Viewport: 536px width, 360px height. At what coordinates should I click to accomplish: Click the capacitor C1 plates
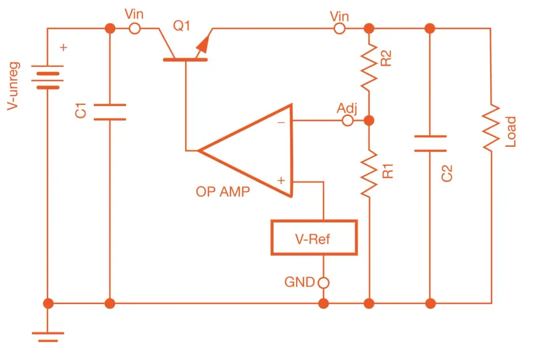[109, 112]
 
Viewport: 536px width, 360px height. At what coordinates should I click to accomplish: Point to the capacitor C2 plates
[430, 143]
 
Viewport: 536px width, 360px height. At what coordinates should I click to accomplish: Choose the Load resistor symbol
[491, 127]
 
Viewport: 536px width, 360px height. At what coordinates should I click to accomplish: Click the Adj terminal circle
[348, 120]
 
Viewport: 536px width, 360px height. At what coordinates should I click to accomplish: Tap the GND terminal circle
[324, 283]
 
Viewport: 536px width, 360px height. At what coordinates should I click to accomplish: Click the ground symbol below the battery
[48, 335]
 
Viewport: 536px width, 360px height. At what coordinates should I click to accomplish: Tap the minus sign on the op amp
[281, 122]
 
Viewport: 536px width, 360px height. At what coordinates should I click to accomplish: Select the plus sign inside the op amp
[281, 180]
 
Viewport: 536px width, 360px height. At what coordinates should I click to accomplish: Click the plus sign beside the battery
[64, 48]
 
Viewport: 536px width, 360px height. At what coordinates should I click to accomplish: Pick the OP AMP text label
[223, 192]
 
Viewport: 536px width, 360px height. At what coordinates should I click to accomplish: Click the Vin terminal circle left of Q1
[134, 29]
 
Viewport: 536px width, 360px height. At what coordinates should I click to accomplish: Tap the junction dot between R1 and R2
[369, 120]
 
